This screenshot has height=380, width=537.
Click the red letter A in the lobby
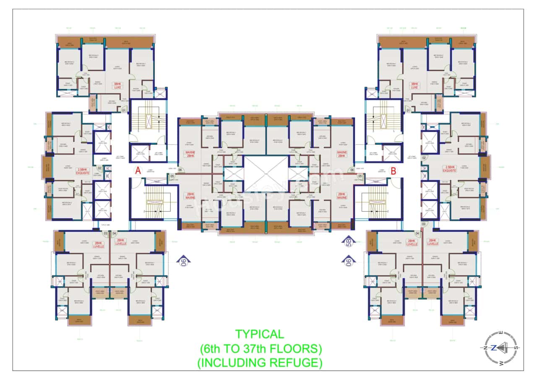tap(137, 170)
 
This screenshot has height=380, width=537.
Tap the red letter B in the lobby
tap(394, 170)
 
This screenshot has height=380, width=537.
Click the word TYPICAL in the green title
tap(259, 334)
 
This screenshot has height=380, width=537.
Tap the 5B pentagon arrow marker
tap(348, 242)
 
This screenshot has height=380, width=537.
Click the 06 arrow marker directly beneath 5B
tap(348, 262)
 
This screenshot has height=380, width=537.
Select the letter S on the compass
tap(516, 348)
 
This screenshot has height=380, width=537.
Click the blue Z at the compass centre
tap(494, 348)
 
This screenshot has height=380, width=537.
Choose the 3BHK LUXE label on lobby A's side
tap(117, 86)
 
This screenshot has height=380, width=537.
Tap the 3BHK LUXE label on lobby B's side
tap(415, 86)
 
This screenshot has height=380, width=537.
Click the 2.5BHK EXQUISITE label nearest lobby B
tap(450, 169)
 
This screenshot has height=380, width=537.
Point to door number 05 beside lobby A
tap(172, 176)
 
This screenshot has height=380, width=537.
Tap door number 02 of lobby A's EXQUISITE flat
tap(100, 168)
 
